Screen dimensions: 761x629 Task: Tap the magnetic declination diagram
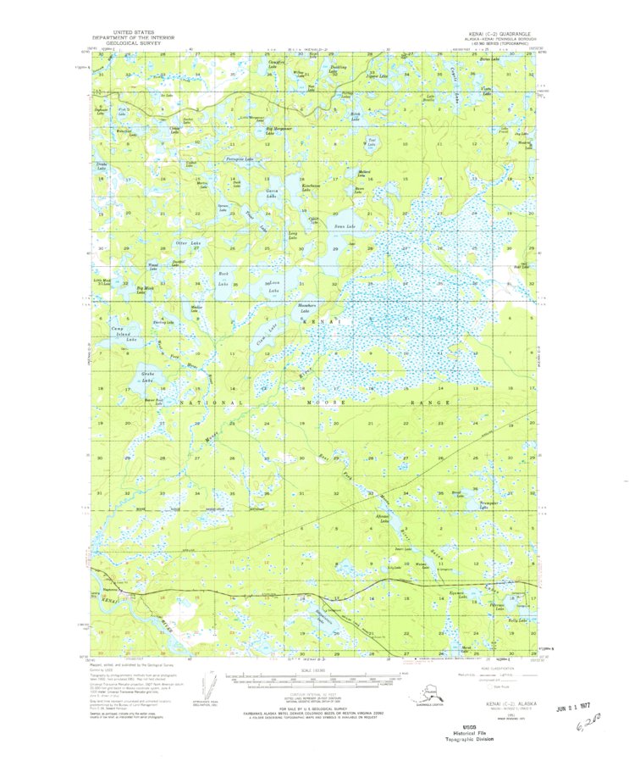point(203,688)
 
